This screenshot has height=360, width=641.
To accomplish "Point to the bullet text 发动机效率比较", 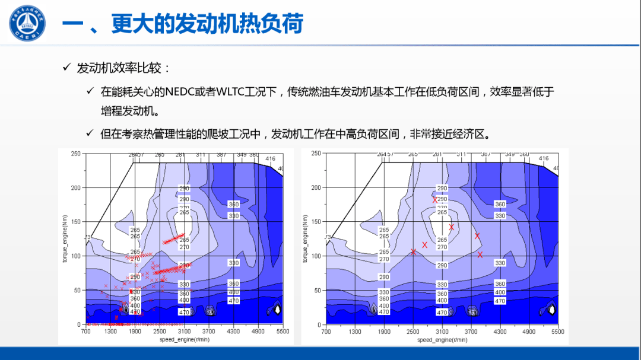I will [123, 68].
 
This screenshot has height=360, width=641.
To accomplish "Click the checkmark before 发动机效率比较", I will [67, 68].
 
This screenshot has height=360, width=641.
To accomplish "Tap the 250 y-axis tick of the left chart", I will [76, 154].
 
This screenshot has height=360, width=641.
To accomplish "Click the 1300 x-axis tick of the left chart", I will [110, 332].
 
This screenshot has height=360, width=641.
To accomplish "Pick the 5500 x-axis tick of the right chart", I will [558, 332].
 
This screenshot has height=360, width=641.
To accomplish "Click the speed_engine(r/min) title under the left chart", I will [185, 340].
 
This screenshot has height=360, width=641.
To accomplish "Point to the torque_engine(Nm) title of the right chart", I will [305, 239].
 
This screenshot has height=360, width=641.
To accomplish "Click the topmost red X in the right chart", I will [435, 200].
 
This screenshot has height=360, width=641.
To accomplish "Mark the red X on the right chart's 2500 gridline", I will [414, 251].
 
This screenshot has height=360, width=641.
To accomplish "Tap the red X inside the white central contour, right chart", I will [451, 227].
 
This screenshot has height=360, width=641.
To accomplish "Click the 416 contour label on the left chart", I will [270, 159].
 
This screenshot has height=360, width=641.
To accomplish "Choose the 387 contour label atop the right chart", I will [485, 154].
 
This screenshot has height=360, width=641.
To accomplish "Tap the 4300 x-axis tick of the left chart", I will [233, 332].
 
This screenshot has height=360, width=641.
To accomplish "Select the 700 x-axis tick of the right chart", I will [326, 332].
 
